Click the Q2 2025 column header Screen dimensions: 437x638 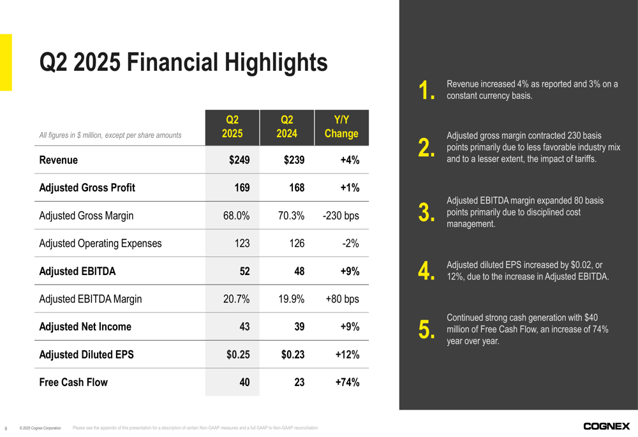tap(232, 127)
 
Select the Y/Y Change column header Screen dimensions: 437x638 tap(341, 127)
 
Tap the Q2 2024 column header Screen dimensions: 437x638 tap(287, 127)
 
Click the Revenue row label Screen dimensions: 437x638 tap(59, 160)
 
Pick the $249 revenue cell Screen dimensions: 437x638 tap(239, 160)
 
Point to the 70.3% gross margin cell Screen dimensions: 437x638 tap(291, 216)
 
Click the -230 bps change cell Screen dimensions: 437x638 tap(341, 216)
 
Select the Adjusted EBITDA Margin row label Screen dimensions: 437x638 tap(91, 299)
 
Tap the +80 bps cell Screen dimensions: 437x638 tap(342, 299)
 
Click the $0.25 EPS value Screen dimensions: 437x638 tap(238, 355)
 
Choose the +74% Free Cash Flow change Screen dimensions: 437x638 tap(347, 382)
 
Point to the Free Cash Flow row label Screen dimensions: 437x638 tap(73, 382)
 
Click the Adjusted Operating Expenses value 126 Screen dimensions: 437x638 tap(297, 243)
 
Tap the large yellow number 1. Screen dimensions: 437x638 tap(426, 91)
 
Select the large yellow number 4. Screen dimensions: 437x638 tap(426, 270)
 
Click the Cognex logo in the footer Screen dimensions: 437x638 tap(606, 426)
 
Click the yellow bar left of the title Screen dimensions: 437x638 tap(6, 63)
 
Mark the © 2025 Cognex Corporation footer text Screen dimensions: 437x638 tap(40, 428)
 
